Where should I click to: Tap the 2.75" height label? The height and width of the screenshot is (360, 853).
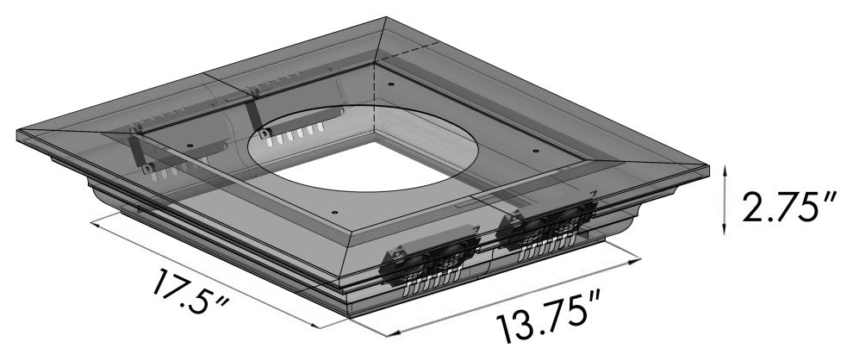(779, 207)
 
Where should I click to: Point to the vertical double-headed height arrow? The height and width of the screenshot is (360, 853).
(725, 199)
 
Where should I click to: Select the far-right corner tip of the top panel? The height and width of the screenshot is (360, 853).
(712, 169)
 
